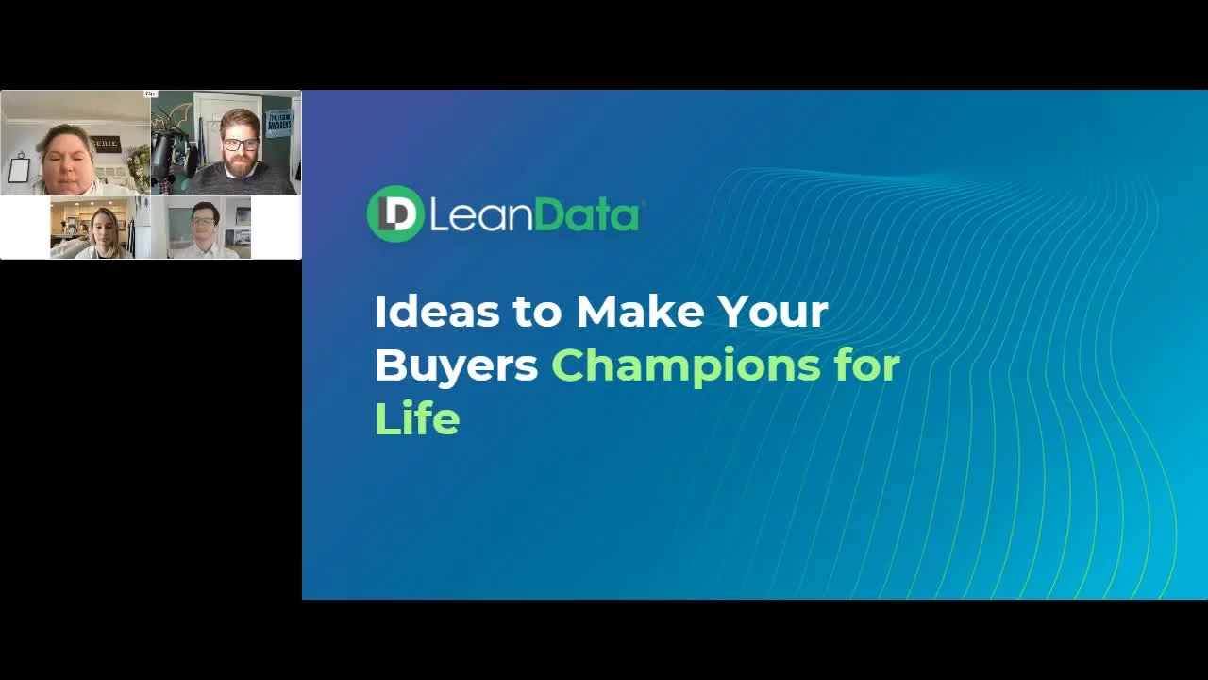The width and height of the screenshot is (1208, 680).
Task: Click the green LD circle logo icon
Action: [x=394, y=214]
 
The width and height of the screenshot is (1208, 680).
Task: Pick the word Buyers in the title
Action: [x=456, y=365]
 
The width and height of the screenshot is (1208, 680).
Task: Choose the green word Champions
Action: [x=686, y=366]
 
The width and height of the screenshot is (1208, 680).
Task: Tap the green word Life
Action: [x=416, y=419]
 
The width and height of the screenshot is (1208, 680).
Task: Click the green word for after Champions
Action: [x=866, y=365]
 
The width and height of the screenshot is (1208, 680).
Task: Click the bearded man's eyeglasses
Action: [x=241, y=144]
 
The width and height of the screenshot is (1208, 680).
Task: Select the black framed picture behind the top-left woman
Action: [x=19, y=170]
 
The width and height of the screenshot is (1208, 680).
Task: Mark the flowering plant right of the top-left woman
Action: [x=138, y=165]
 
